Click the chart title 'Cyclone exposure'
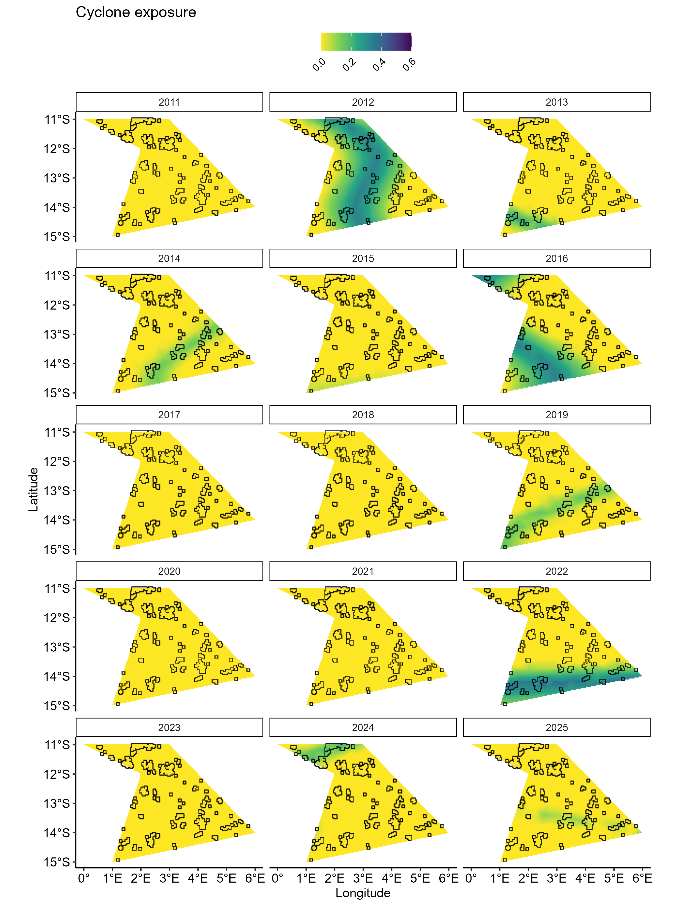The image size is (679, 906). click(x=136, y=13)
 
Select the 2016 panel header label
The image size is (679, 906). click(x=556, y=258)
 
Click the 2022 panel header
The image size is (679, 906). click(x=556, y=571)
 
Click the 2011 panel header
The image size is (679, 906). click(x=169, y=102)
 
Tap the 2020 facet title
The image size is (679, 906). click(x=169, y=571)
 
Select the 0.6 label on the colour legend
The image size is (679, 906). click(x=409, y=65)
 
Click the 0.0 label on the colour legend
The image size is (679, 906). click(x=319, y=65)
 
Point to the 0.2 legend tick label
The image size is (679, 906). click(x=349, y=65)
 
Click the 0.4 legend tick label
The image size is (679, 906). click(x=379, y=65)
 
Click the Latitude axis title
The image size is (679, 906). click(x=33, y=489)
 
